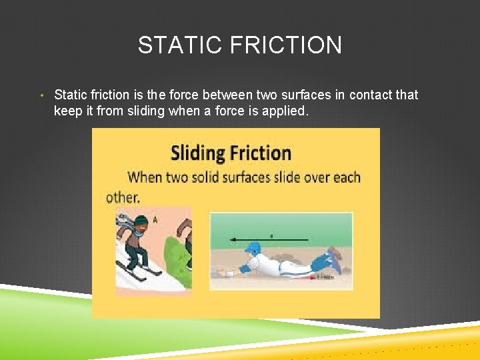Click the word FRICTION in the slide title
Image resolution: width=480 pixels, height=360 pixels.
point(286,45)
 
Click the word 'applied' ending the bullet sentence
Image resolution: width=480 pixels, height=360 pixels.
point(285,111)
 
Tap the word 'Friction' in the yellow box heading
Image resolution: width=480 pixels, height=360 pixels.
point(261,153)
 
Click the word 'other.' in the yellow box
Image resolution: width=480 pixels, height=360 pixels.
point(123,197)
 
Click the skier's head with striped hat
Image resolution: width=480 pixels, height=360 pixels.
point(140,223)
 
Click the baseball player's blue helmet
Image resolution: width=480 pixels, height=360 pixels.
point(252,249)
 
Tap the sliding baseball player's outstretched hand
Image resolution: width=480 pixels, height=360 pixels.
point(229,273)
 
